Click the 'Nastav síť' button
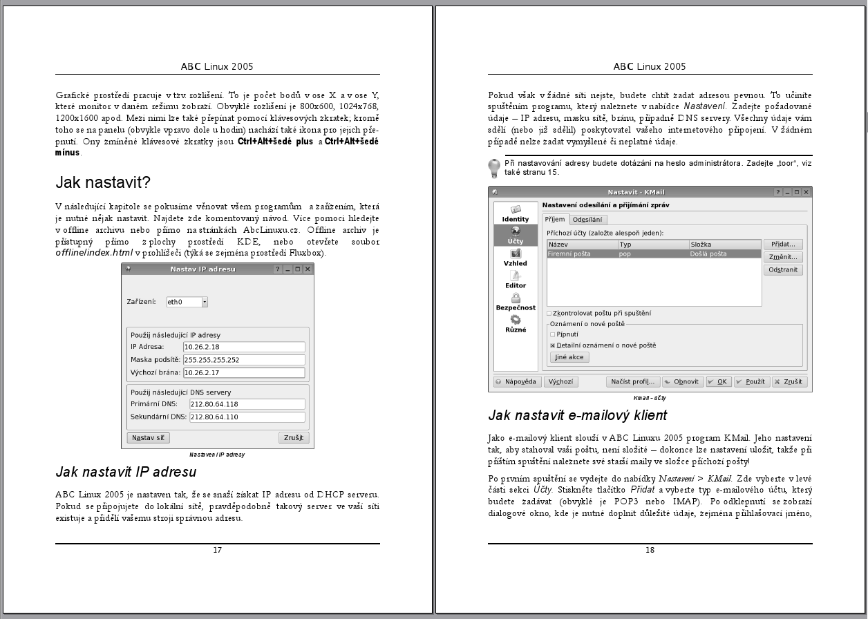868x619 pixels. pos(149,438)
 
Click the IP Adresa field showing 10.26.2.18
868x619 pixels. pos(243,347)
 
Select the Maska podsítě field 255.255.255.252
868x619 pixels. pos(243,360)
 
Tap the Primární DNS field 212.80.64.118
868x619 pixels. pos(247,404)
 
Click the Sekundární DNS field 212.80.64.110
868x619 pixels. pos(247,417)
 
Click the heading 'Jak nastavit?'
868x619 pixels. pos(103,182)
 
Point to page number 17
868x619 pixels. pos(217,550)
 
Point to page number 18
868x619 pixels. pos(650,550)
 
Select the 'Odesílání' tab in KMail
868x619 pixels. pos(587,220)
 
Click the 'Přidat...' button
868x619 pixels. pos(783,245)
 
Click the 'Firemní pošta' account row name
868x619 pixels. pos(569,254)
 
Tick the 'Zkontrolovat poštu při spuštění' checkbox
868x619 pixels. pos(549,314)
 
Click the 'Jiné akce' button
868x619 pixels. pos(569,357)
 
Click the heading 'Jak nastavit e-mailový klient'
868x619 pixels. pos(577,416)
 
